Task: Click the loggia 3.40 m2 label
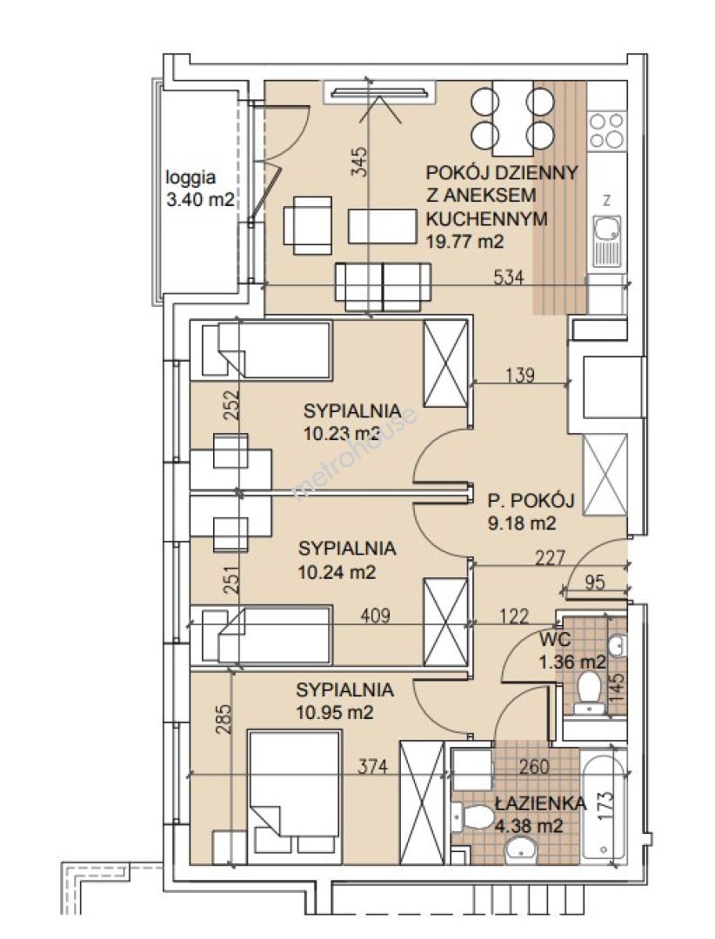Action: [x=199, y=189]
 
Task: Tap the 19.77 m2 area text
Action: [x=464, y=241]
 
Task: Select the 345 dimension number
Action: [x=358, y=161]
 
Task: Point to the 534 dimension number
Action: [x=508, y=277]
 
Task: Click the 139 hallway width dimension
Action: [x=519, y=376]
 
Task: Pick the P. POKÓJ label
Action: [x=531, y=500]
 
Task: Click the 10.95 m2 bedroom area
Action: [x=335, y=713]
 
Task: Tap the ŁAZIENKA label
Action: [x=540, y=803]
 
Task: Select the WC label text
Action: [x=554, y=640]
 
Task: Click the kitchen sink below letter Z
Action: [x=606, y=242]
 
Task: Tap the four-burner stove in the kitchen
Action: [x=606, y=130]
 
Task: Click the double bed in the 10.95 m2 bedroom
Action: [x=294, y=796]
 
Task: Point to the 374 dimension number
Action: [x=372, y=766]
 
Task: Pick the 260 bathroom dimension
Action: [x=533, y=766]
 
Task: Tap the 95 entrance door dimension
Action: [x=595, y=582]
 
